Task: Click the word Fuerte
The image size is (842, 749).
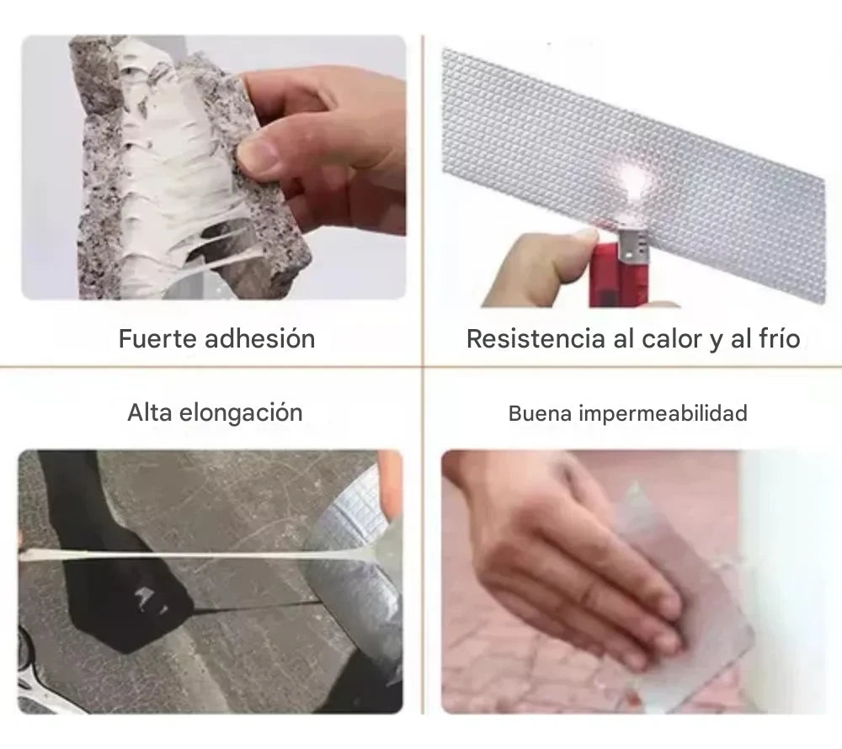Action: pyautogui.click(x=158, y=339)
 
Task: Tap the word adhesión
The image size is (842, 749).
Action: pyautogui.click(x=260, y=339)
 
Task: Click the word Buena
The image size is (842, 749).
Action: pyautogui.click(x=540, y=414)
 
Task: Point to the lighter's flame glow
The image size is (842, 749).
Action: pyautogui.click(x=634, y=178)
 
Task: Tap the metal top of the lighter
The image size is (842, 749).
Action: pyautogui.click(x=634, y=243)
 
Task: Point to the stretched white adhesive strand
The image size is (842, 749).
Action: pyautogui.click(x=177, y=555)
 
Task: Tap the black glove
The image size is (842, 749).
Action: pyautogui.click(x=113, y=558)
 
